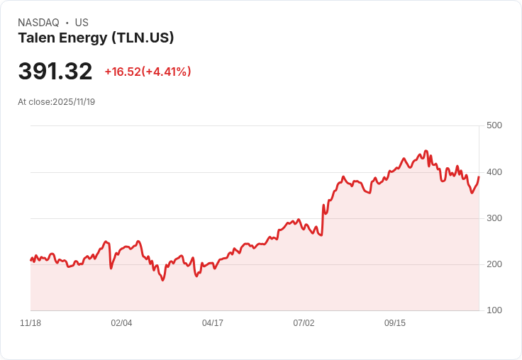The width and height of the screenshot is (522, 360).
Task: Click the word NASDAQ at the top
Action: point(38,23)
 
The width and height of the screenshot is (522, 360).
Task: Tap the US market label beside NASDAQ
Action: point(82,23)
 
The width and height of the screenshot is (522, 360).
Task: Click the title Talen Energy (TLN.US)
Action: point(96,38)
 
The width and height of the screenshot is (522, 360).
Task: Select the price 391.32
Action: point(55,72)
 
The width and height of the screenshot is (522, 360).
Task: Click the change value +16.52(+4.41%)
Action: point(148,72)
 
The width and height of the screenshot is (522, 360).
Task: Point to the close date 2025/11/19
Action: point(74,102)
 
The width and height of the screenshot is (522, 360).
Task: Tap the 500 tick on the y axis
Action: point(494,125)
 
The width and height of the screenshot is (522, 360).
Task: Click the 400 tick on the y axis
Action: point(494,172)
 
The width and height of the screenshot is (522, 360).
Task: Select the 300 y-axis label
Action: point(494,218)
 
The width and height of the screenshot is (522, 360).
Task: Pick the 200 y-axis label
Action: point(494,264)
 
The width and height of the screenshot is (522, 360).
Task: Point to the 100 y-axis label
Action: point(494,310)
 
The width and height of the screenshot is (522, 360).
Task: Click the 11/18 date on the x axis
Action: point(30,323)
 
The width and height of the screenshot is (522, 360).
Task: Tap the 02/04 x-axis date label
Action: point(121,323)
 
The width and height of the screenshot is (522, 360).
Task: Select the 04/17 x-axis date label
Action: point(213,323)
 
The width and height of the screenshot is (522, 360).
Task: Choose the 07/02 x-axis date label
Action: point(304,323)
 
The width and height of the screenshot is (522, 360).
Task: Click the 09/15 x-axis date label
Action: point(395,323)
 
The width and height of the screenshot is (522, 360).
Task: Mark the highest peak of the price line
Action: point(426,151)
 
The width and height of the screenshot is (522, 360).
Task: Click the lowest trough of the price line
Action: point(162,281)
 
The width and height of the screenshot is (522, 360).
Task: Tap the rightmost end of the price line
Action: point(479,176)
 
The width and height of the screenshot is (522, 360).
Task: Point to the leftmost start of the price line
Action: point(30,260)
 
